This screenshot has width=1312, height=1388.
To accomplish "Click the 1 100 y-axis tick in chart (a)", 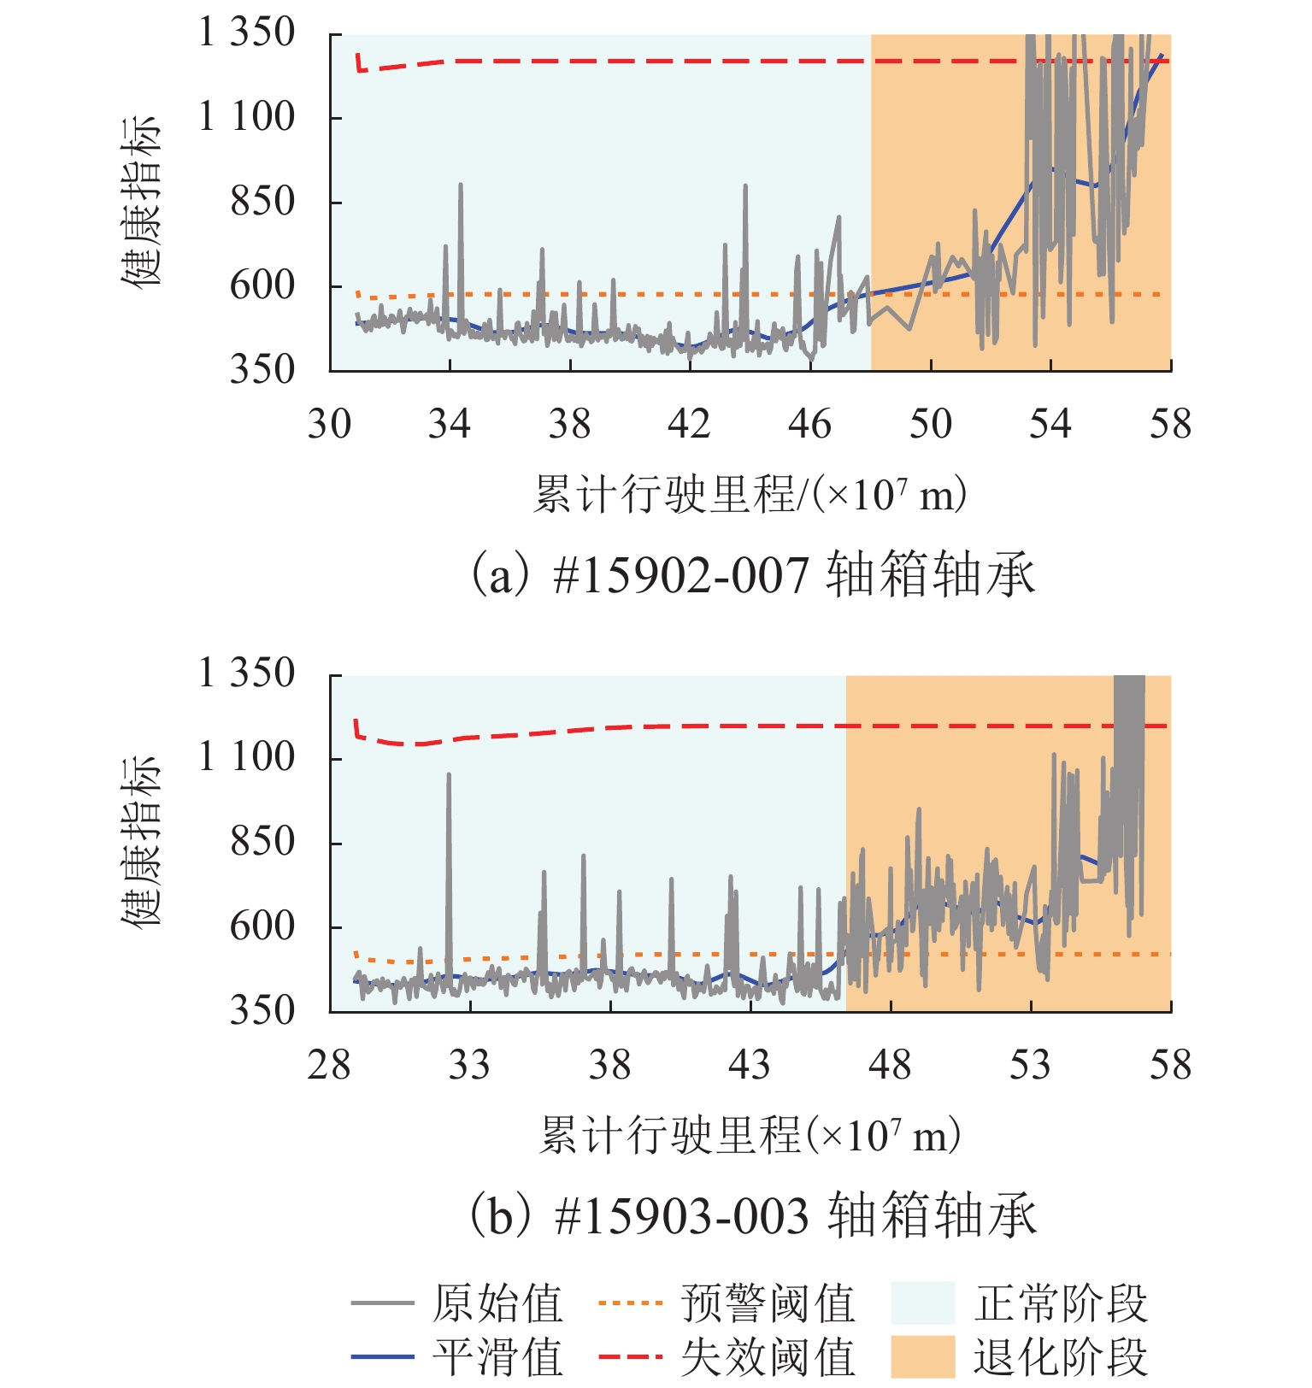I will click(x=246, y=117).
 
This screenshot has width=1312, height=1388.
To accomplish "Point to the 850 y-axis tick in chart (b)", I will click(x=262, y=842).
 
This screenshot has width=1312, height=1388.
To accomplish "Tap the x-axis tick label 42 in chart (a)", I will click(x=690, y=424).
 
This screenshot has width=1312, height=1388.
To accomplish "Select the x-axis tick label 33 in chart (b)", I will click(x=469, y=1066).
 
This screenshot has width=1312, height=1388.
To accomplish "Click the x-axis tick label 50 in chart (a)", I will click(x=930, y=424).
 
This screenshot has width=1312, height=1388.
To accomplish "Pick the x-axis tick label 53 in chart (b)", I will click(x=1030, y=1066).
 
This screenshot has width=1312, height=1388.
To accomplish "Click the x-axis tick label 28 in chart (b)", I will click(x=329, y=1066).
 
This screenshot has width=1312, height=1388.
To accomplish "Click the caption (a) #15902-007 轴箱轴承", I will click(x=752, y=574).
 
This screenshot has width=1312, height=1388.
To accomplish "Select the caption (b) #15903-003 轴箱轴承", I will click(x=752, y=1215).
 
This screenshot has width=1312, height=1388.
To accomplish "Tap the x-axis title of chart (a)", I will click(x=750, y=494).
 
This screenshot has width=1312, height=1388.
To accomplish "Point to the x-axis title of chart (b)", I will click(x=750, y=1135).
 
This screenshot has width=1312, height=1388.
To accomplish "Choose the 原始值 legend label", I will click(x=497, y=1304).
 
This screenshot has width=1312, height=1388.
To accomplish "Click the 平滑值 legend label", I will click(x=497, y=1357).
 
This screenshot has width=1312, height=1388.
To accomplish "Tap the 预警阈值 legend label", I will click(x=768, y=1304).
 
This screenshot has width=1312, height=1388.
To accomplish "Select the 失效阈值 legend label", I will click(x=768, y=1357).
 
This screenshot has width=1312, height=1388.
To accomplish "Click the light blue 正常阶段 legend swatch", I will click(x=922, y=1303).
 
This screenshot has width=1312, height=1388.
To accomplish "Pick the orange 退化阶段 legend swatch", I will click(x=922, y=1356).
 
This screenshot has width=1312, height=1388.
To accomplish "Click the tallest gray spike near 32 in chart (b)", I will click(x=449, y=776).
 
